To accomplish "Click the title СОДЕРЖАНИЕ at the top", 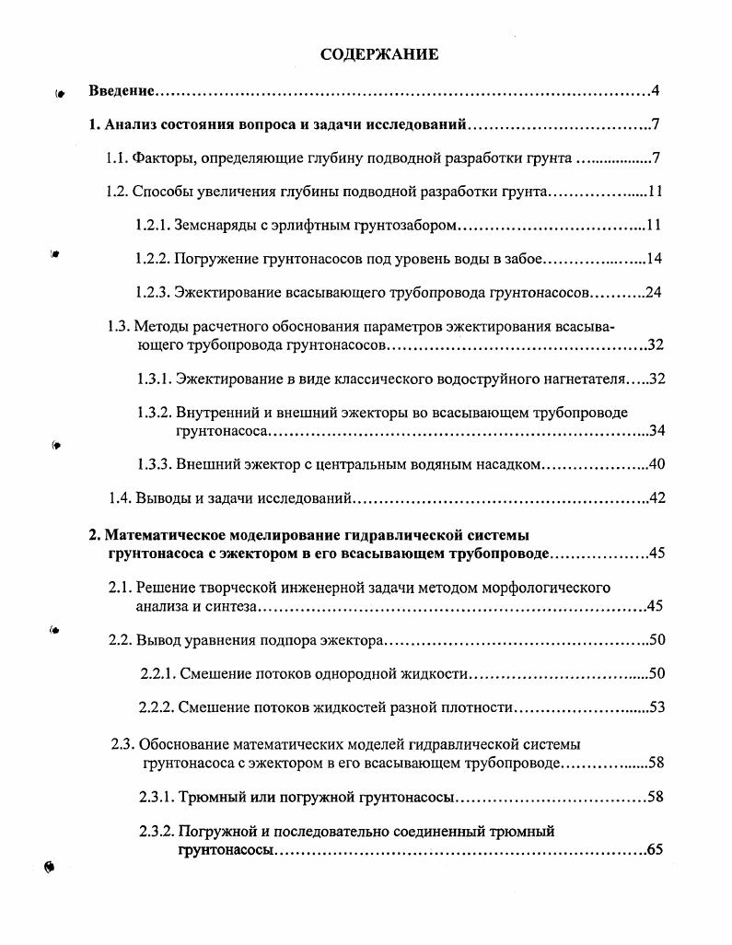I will [379, 54].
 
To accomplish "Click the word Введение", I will [121, 91].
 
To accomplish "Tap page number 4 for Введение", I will [655, 91].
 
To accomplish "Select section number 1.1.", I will [117, 158].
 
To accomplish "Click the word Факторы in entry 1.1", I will [163, 158].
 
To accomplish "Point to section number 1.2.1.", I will [151, 225].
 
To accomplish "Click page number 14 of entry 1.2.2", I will [655, 259].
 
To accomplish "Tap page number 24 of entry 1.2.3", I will [654, 293].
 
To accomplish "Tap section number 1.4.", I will [121, 498].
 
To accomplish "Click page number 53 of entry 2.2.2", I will [656, 707].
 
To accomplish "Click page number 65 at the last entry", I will [655, 850].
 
